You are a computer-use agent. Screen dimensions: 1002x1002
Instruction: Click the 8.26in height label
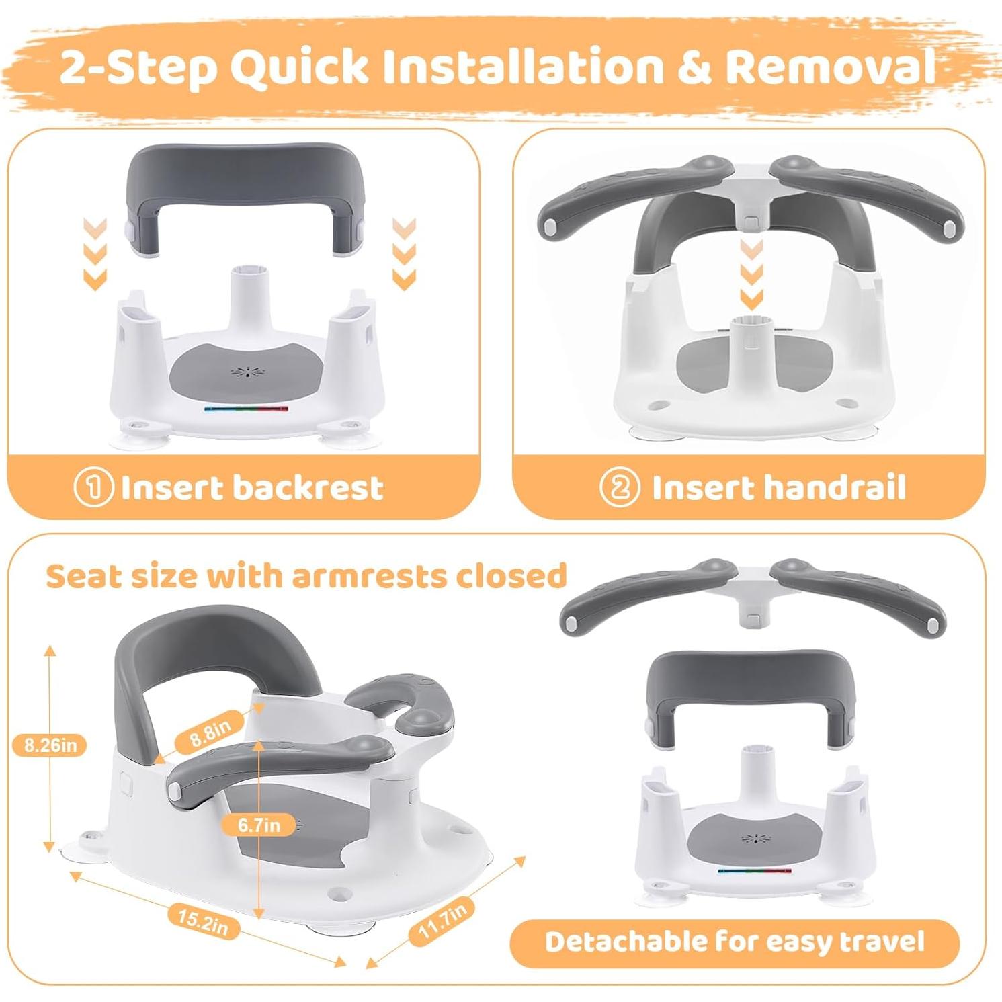[50, 745]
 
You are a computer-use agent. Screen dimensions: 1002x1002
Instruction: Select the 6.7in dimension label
[259, 825]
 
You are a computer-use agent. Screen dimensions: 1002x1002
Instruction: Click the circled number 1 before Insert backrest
[93, 488]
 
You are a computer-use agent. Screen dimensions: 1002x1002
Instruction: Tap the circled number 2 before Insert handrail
[619, 488]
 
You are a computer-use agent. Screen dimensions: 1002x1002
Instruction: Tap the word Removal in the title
[830, 67]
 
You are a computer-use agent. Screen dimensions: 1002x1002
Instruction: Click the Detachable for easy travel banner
[734, 942]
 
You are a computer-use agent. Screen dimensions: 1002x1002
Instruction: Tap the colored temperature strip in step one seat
[246, 408]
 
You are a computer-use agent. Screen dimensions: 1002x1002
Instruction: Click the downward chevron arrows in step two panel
[751, 275]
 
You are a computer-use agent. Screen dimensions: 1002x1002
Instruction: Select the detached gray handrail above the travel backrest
[752, 595]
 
